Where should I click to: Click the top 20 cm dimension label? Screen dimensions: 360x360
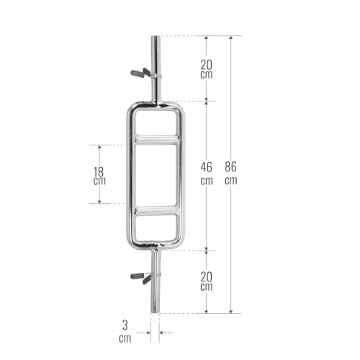[207, 68]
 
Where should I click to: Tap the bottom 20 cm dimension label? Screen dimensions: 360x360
[207, 281]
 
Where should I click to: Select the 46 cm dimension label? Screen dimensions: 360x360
[207, 174]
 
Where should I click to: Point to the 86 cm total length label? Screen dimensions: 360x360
[230, 174]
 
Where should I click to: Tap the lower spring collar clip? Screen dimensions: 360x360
[143, 276]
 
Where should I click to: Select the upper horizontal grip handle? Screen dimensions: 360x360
[156, 140]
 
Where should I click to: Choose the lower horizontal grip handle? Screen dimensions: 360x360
[156, 211]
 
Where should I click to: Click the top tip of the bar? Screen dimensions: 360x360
[156, 38]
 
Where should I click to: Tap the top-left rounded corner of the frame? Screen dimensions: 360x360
[134, 108]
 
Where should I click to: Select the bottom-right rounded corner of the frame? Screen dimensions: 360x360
[177, 243]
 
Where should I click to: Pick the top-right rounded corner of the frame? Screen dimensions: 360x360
[177, 108]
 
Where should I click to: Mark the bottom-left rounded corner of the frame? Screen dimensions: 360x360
[134, 243]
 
